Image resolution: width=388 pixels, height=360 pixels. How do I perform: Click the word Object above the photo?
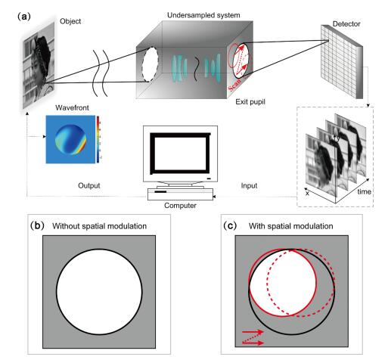(x=70, y=21)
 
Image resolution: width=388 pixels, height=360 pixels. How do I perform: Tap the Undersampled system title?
(x=203, y=15)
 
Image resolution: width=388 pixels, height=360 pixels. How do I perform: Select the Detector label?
(x=346, y=24)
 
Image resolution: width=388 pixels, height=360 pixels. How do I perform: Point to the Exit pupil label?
(x=250, y=102)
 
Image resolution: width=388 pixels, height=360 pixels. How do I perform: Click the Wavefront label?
(x=72, y=107)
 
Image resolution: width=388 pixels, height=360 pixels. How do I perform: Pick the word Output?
(x=89, y=185)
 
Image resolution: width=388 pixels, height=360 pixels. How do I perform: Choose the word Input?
(x=249, y=186)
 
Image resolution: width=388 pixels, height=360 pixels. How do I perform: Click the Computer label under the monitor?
(x=180, y=206)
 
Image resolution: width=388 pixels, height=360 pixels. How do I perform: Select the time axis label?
(x=364, y=191)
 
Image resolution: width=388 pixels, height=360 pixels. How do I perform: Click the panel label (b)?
(x=37, y=225)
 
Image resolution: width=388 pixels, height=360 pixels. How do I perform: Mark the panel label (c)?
(x=230, y=225)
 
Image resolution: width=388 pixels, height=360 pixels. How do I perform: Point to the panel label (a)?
(x=24, y=17)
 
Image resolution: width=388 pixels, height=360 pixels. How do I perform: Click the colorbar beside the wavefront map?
(x=98, y=139)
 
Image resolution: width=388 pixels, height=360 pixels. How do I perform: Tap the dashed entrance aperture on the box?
(x=150, y=64)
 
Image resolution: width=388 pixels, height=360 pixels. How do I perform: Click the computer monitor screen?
(x=180, y=154)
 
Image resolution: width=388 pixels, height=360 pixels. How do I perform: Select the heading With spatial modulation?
(x=290, y=226)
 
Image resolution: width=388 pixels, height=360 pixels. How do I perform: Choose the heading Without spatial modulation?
(x=99, y=226)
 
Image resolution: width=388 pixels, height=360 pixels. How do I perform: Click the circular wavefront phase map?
(x=70, y=139)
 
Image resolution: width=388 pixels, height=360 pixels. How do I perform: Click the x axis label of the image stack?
(x=307, y=194)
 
